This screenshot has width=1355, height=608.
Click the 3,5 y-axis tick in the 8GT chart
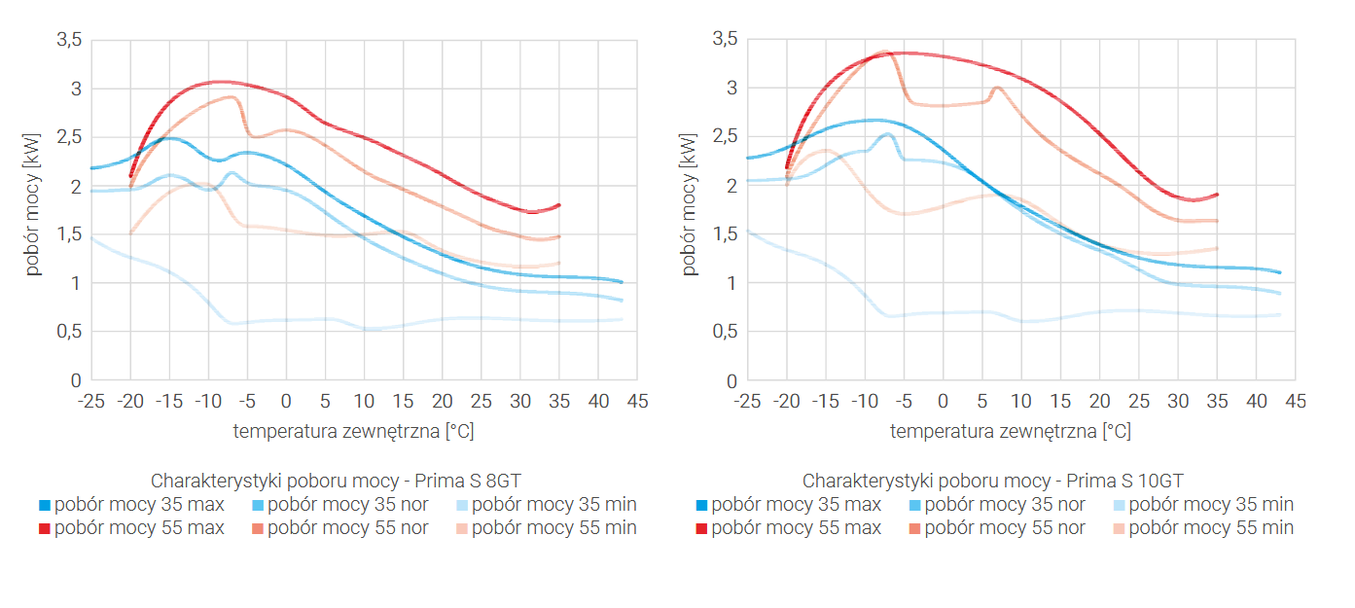68,40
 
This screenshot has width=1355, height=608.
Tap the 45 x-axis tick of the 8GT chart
637,401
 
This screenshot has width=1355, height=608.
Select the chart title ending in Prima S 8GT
342,481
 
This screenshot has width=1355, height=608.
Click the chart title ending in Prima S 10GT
992,481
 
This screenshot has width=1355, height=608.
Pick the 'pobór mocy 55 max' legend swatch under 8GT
45,529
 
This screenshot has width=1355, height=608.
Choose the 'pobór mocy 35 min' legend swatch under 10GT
1119,506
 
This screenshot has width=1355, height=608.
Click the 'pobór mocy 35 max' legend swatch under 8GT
45,506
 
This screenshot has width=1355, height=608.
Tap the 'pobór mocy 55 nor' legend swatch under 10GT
914,529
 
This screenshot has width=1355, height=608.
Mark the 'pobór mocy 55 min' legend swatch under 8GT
462,529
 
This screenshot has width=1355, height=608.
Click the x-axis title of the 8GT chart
353,431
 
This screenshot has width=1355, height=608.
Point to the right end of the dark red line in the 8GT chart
559,205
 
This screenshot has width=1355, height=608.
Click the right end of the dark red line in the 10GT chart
1217,195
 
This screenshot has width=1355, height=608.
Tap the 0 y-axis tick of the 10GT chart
731,381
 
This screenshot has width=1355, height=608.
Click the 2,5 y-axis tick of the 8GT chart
68,137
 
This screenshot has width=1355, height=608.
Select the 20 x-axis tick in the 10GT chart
1099,401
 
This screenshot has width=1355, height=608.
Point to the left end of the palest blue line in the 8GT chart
91,237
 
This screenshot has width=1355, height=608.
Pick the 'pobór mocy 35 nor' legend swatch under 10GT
914,506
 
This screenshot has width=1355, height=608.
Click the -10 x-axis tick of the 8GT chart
207,401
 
